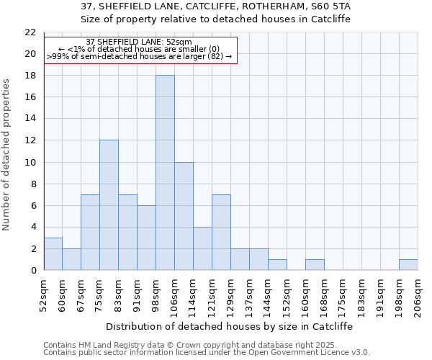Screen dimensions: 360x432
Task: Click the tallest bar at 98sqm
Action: click(x=165, y=173)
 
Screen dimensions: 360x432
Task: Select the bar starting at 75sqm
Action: click(x=109, y=205)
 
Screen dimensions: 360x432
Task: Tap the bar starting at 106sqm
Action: click(x=184, y=216)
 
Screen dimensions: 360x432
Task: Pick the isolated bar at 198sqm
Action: click(x=408, y=264)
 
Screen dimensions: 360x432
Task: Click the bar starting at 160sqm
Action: click(x=315, y=264)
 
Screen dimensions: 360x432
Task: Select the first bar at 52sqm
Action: click(x=53, y=253)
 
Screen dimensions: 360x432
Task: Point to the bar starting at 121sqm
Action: click(x=221, y=232)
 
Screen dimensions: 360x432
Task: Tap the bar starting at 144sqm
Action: click(x=277, y=264)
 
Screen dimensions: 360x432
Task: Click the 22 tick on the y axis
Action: click(x=30, y=32)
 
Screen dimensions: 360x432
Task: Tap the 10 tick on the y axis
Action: click(x=30, y=162)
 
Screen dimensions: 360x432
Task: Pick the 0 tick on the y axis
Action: click(x=32, y=270)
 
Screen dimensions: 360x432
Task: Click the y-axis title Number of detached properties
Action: click(x=7, y=155)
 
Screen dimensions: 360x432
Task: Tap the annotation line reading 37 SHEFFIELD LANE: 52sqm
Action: click(x=139, y=42)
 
